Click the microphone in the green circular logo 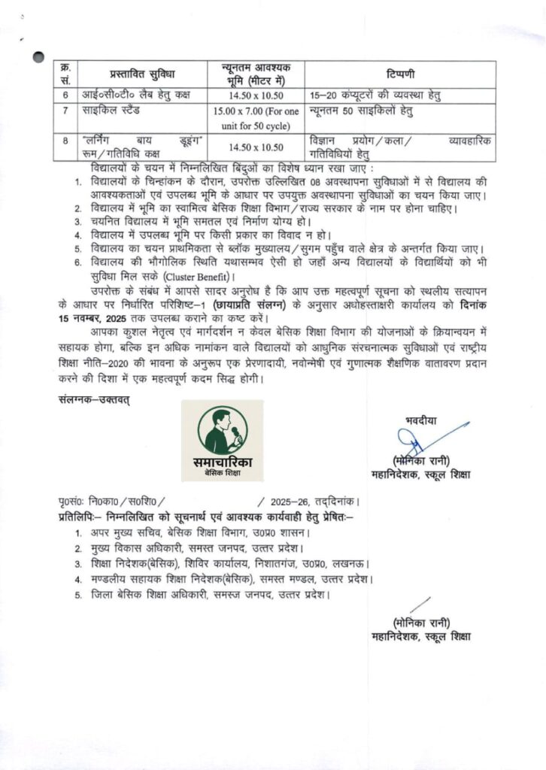click(235, 434)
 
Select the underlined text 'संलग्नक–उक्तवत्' click(93, 398)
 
